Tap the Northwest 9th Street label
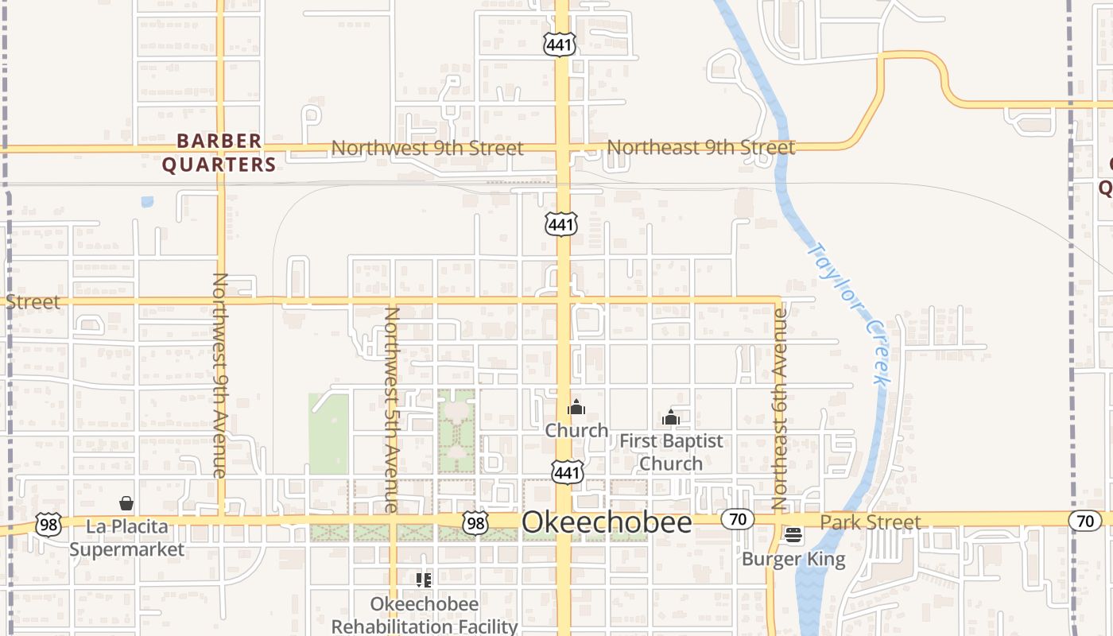(427, 148)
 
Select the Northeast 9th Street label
(700, 147)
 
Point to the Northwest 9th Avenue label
(220, 374)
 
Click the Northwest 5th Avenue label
(391, 409)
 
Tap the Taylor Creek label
(848, 314)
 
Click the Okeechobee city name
(607, 522)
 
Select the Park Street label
(871, 522)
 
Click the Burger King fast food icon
(793, 535)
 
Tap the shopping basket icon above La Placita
(126, 503)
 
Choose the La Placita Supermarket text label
(126, 538)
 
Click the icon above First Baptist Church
(671, 417)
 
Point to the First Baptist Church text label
(671, 452)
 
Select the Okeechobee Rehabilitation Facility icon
(424, 580)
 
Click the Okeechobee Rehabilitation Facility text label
(424, 615)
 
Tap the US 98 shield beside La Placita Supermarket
(48, 525)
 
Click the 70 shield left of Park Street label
(737, 520)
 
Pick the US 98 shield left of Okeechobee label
(475, 522)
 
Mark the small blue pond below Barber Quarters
(147, 202)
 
